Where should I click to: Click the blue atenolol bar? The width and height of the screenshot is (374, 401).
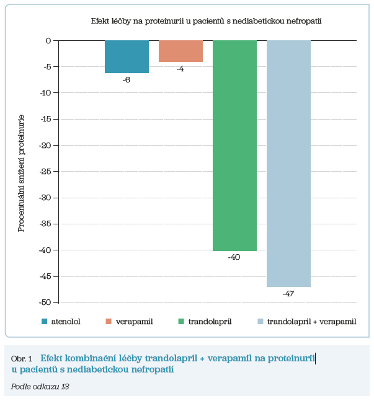tap(127, 56)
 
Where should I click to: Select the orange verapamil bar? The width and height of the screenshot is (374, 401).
tap(180, 51)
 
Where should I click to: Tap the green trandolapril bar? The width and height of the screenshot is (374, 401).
tap(234, 146)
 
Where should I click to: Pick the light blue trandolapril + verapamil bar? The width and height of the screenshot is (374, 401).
tap(288, 164)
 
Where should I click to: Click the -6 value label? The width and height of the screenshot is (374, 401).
tap(126, 80)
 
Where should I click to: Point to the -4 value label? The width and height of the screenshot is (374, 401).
tap(180, 69)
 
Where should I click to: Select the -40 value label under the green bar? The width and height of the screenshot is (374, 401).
tap(234, 257)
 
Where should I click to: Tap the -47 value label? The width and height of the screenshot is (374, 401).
tap(288, 293)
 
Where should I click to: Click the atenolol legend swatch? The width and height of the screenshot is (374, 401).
tap(45, 321)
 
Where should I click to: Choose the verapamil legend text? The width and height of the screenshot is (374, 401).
tap(135, 321)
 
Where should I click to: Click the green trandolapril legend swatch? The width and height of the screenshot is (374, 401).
tap(181, 321)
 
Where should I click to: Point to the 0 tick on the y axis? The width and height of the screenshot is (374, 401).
tap(48, 41)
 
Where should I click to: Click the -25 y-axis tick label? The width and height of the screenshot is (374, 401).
tap(45, 146)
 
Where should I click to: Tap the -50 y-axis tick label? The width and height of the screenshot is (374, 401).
tap(45, 302)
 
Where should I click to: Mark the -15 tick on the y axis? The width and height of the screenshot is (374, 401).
tap(45, 119)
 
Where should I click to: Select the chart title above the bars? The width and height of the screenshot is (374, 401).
tap(205, 21)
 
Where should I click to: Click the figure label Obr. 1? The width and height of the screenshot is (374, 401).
tap(21, 359)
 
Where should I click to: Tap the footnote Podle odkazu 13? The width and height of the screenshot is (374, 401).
tap(40, 386)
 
